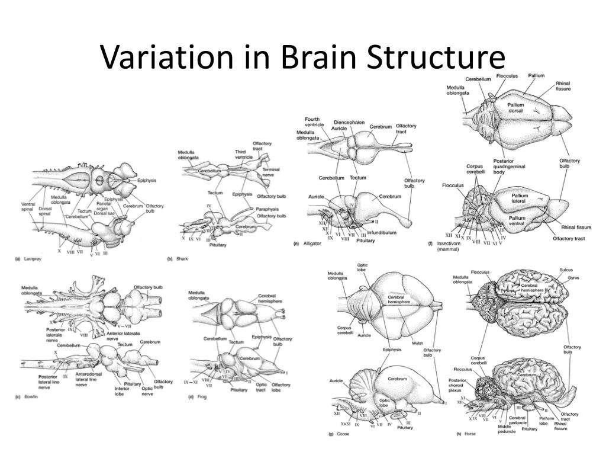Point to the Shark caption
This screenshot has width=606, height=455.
(x=181, y=259)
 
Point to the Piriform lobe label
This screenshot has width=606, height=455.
(x=546, y=420)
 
